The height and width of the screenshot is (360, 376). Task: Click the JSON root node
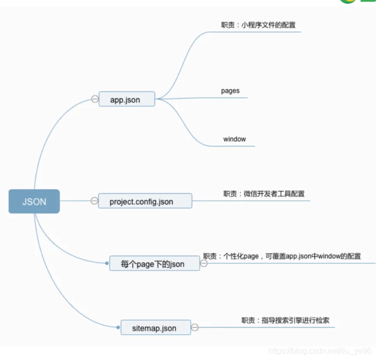[34, 201]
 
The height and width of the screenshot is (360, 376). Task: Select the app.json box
[126, 99]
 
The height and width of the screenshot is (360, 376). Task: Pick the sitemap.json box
[155, 328]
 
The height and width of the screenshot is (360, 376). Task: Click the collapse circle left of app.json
[95, 99]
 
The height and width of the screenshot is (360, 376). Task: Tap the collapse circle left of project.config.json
[94, 201]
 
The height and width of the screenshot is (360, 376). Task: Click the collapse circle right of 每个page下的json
[204, 263]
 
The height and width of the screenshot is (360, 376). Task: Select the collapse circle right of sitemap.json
[195, 328]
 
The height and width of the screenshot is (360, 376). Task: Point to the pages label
[230, 91]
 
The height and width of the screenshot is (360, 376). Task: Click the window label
[234, 139]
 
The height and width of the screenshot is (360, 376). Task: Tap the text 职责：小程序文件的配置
[262, 24]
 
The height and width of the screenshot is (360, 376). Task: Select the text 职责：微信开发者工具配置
[264, 193]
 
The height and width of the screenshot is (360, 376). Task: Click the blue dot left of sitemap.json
[118, 327]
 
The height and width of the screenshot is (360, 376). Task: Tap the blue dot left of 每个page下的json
[107, 263]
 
